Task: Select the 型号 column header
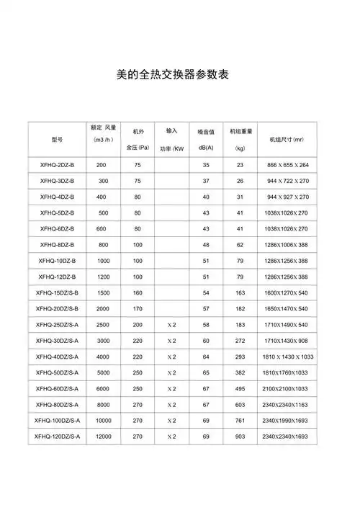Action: coord(58,140)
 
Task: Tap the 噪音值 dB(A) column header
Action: coord(205,140)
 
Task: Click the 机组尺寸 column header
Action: coord(286,140)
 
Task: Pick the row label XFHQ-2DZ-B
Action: coord(58,165)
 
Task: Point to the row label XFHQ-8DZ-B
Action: coord(58,244)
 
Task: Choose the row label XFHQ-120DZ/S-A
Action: coord(58,437)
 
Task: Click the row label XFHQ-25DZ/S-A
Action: coord(58,324)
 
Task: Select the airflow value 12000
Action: coord(104,437)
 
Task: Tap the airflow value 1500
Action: coord(104,292)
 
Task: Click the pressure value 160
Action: coord(138,292)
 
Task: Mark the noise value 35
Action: coord(205,165)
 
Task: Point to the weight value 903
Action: coord(240,437)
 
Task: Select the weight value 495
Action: coord(240,388)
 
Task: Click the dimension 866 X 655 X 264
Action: coord(287,165)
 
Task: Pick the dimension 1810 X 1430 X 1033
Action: coord(288,357)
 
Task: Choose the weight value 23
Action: coord(240,165)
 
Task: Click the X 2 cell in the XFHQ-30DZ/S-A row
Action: coord(171,340)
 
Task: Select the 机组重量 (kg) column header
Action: coord(240,140)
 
